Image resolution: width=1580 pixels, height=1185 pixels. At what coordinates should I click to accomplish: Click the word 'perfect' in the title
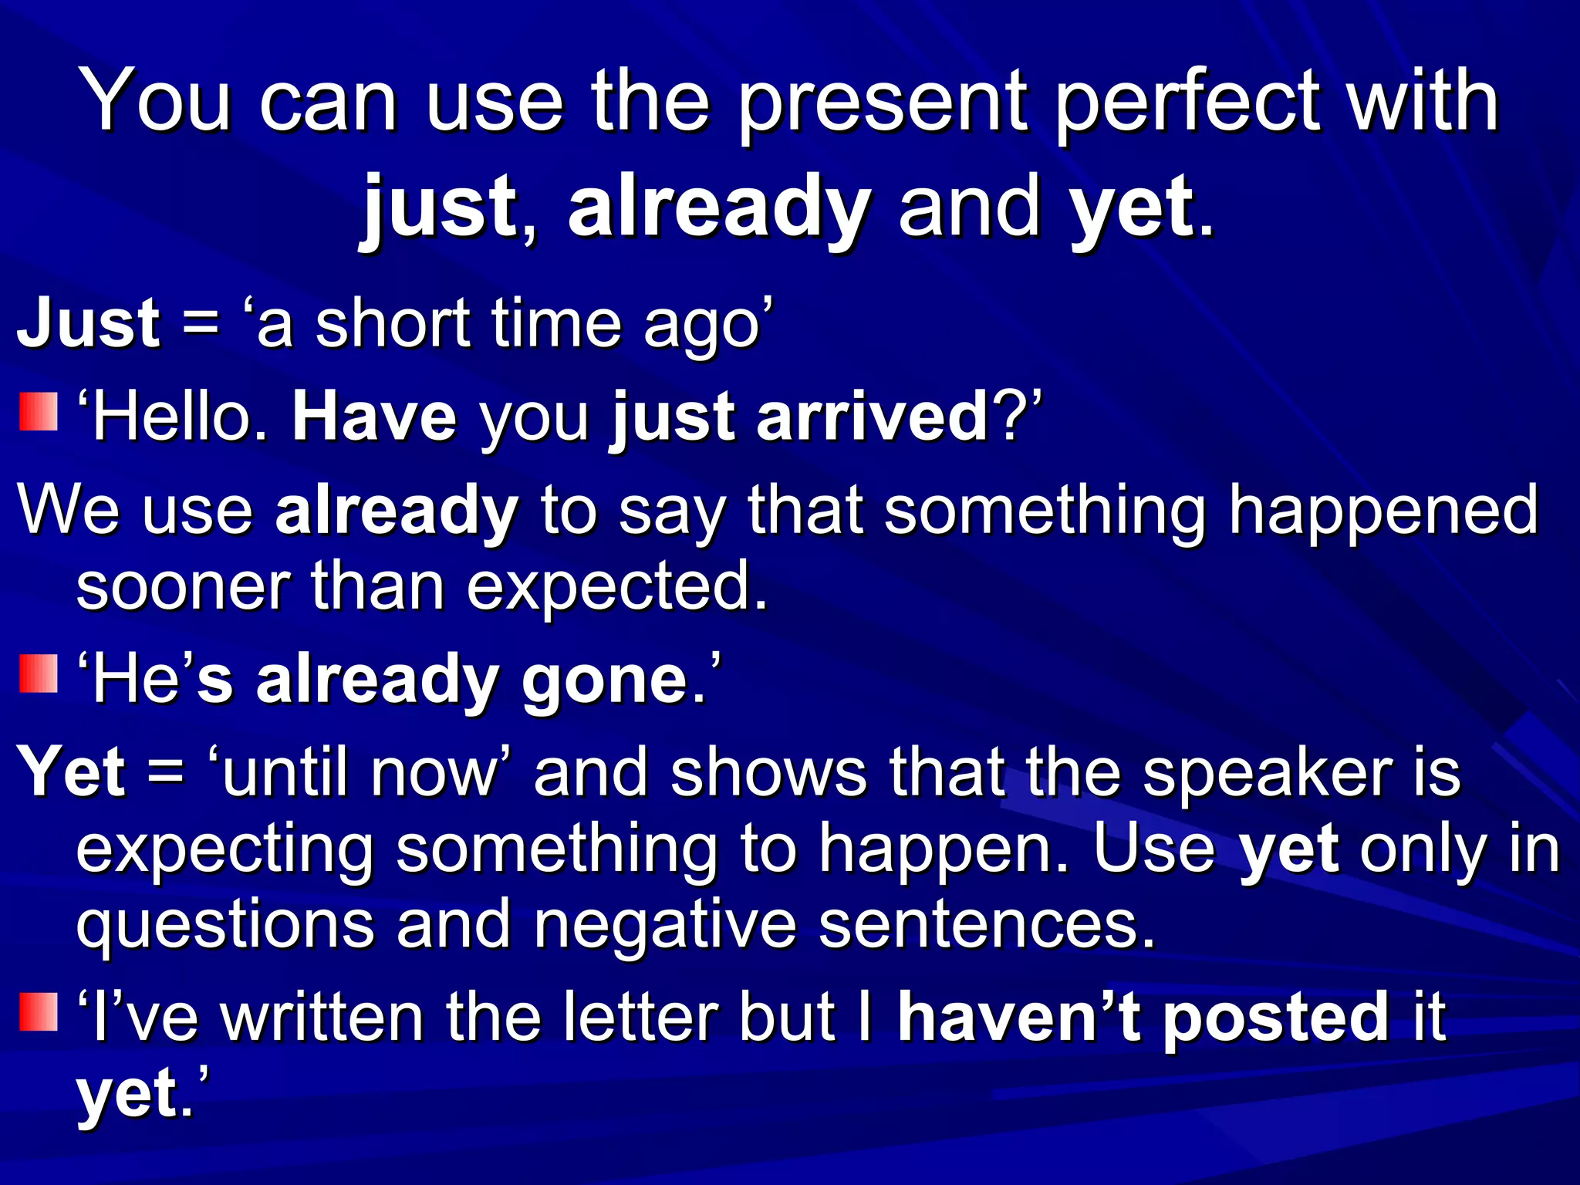point(1187,104)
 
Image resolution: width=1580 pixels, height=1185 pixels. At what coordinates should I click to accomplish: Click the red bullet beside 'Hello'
point(39,412)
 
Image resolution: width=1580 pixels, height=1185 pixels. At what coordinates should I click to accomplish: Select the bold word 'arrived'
point(874,417)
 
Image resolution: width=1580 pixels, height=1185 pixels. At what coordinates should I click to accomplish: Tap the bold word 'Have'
point(374,417)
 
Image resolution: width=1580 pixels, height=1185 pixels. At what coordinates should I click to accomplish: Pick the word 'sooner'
point(184,587)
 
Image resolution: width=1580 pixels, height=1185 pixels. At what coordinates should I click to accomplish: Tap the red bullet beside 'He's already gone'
point(39,674)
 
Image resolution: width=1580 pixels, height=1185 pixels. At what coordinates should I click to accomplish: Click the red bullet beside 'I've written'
point(39,1012)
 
